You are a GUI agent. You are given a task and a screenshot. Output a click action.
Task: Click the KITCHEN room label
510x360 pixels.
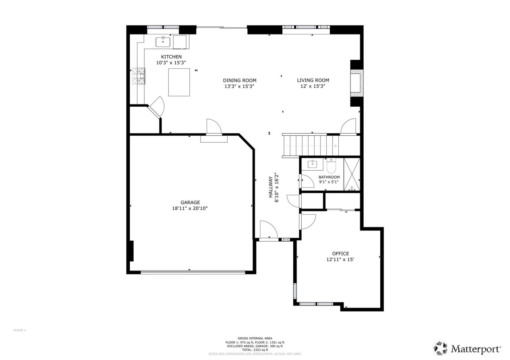coord(171,57)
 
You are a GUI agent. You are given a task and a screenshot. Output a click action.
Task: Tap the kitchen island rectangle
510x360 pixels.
coord(179,82)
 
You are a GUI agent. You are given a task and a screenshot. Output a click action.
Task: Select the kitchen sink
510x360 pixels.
coord(163,42)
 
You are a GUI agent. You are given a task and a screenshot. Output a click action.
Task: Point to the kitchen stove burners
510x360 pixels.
coord(138,76)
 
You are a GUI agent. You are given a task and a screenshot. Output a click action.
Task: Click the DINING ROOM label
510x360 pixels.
coord(239,80)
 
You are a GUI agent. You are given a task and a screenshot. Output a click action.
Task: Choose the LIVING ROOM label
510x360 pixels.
coord(313,80)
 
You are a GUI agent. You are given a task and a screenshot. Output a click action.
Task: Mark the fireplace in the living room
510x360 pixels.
coord(356,83)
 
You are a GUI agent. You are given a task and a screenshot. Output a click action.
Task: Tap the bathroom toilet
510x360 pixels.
coord(331,166)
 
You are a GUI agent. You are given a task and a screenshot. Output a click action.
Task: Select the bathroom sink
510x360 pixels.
coord(313,164)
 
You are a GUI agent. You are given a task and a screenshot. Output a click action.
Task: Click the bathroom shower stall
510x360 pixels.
coord(352,174)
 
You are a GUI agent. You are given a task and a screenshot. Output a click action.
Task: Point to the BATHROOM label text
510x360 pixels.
coord(329,177)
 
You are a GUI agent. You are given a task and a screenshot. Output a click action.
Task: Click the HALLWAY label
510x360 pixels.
coord(271,187)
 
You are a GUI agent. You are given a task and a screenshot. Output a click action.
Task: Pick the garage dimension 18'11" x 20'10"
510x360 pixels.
coord(190,209)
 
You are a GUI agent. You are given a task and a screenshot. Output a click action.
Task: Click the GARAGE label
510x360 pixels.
coord(190,202)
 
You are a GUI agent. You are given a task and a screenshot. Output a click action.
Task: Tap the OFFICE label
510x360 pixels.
coord(340,254)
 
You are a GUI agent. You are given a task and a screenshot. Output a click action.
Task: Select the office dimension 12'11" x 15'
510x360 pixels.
coord(340,260)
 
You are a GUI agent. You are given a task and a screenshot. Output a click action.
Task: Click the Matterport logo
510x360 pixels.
coord(467,348)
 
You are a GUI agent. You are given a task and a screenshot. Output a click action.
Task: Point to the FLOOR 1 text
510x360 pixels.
coord(20,330)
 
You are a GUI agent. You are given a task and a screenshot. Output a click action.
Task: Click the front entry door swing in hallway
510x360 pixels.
coord(268,230)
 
